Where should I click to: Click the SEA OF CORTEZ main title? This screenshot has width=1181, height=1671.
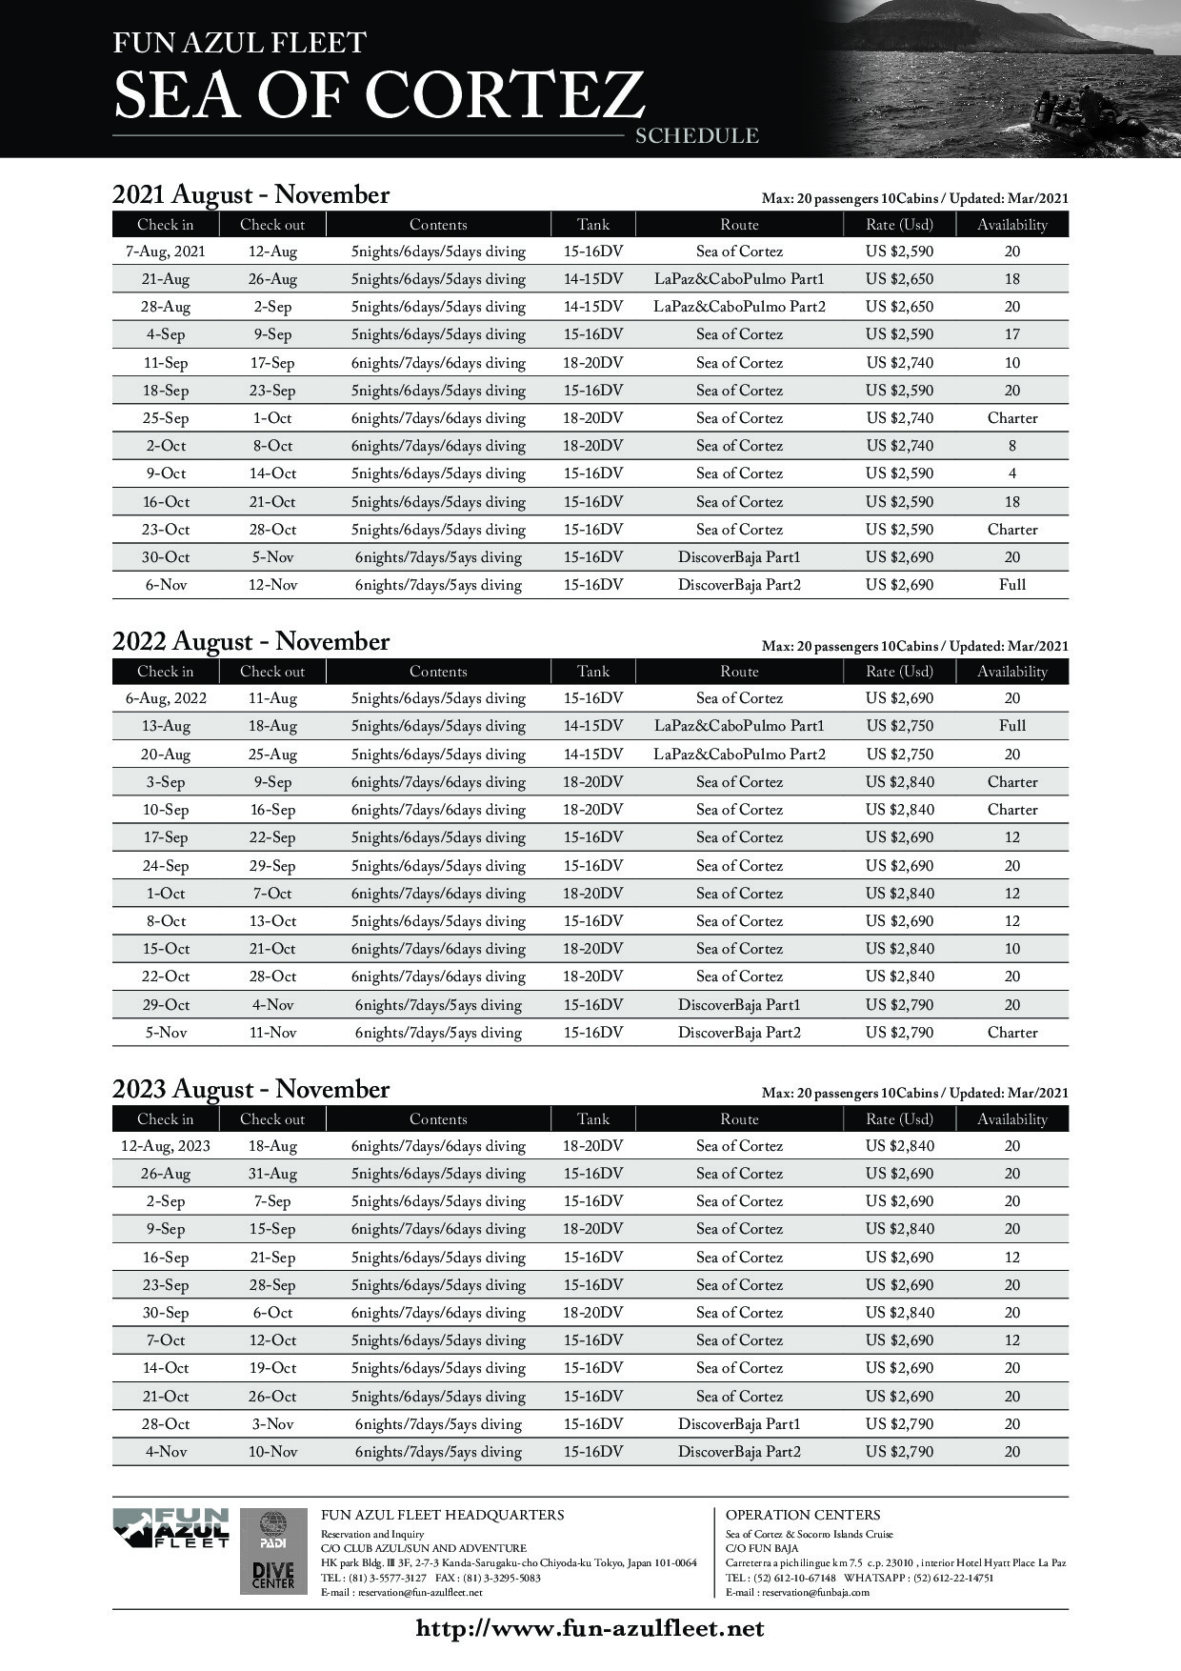click(379, 94)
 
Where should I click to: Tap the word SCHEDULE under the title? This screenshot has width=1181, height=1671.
click(696, 136)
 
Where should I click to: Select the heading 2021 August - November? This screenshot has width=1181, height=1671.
click(250, 195)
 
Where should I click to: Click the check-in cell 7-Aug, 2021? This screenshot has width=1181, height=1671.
click(165, 252)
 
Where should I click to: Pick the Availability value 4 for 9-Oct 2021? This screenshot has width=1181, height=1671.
click(1011, 473)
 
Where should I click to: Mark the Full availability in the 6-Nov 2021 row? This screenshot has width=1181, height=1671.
click(1011, 585)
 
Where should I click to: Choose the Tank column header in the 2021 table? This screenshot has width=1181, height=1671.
click(592, 225)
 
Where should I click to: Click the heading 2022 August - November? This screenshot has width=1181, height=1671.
click(250, 642)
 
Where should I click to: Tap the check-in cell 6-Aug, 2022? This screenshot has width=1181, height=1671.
click(165, 698)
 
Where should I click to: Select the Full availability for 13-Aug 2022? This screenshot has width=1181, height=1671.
click(1011, 726)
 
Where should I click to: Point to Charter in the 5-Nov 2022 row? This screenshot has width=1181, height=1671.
click(1011, 1033)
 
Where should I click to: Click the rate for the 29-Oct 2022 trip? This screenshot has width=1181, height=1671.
click(899, 1005)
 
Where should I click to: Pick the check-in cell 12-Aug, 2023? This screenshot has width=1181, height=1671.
click(165, 1146)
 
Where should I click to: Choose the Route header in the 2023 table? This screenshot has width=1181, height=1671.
click(739, 1119)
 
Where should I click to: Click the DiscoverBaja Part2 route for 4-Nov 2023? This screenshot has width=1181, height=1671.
click(739, 1452)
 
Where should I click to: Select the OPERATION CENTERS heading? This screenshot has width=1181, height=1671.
click(802, 1515)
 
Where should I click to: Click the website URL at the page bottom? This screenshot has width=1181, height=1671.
click(590, 1628)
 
